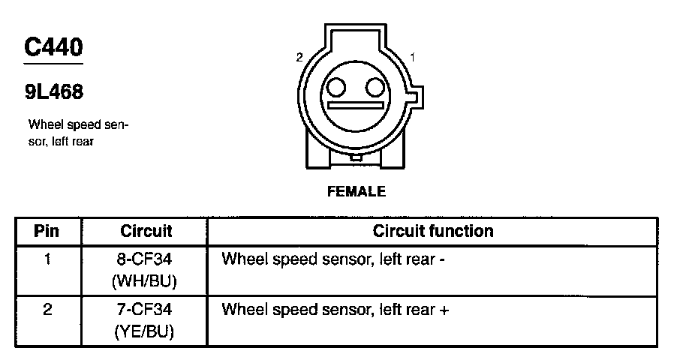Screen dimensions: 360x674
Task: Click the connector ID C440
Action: tap(53, 48)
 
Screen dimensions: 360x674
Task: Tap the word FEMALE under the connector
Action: tap(357, 191)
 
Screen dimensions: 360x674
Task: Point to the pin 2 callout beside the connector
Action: tap(299, 58)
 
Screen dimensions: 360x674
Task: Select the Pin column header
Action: tap(47, 231)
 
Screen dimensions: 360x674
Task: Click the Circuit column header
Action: tap(146, 231)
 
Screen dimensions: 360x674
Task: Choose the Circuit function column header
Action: tap(433, 231)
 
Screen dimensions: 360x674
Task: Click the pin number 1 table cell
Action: tap(47, 259)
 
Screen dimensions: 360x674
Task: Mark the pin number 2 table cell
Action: tap(47, 309)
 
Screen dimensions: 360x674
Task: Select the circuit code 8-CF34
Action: tap(146, 259)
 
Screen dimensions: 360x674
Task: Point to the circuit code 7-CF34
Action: tap(146, 309)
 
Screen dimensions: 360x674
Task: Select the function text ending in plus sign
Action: tap(335, 309)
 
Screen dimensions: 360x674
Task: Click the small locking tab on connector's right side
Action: tap(417, 98)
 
